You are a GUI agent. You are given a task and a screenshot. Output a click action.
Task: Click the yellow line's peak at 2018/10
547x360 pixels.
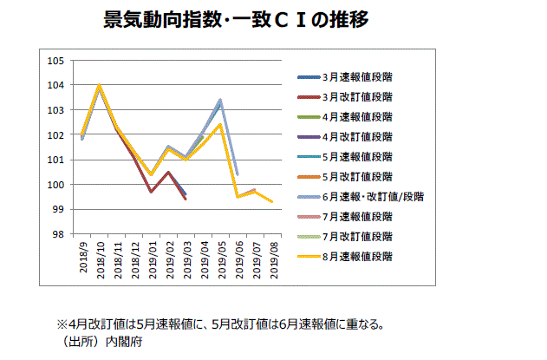tap(100, 85)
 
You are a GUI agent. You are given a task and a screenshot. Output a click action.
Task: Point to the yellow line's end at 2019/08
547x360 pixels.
tap(272, 202)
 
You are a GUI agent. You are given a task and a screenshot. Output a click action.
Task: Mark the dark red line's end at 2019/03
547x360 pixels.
tap(186, 200)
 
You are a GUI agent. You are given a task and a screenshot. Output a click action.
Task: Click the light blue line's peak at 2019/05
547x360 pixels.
tap(220, 100)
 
